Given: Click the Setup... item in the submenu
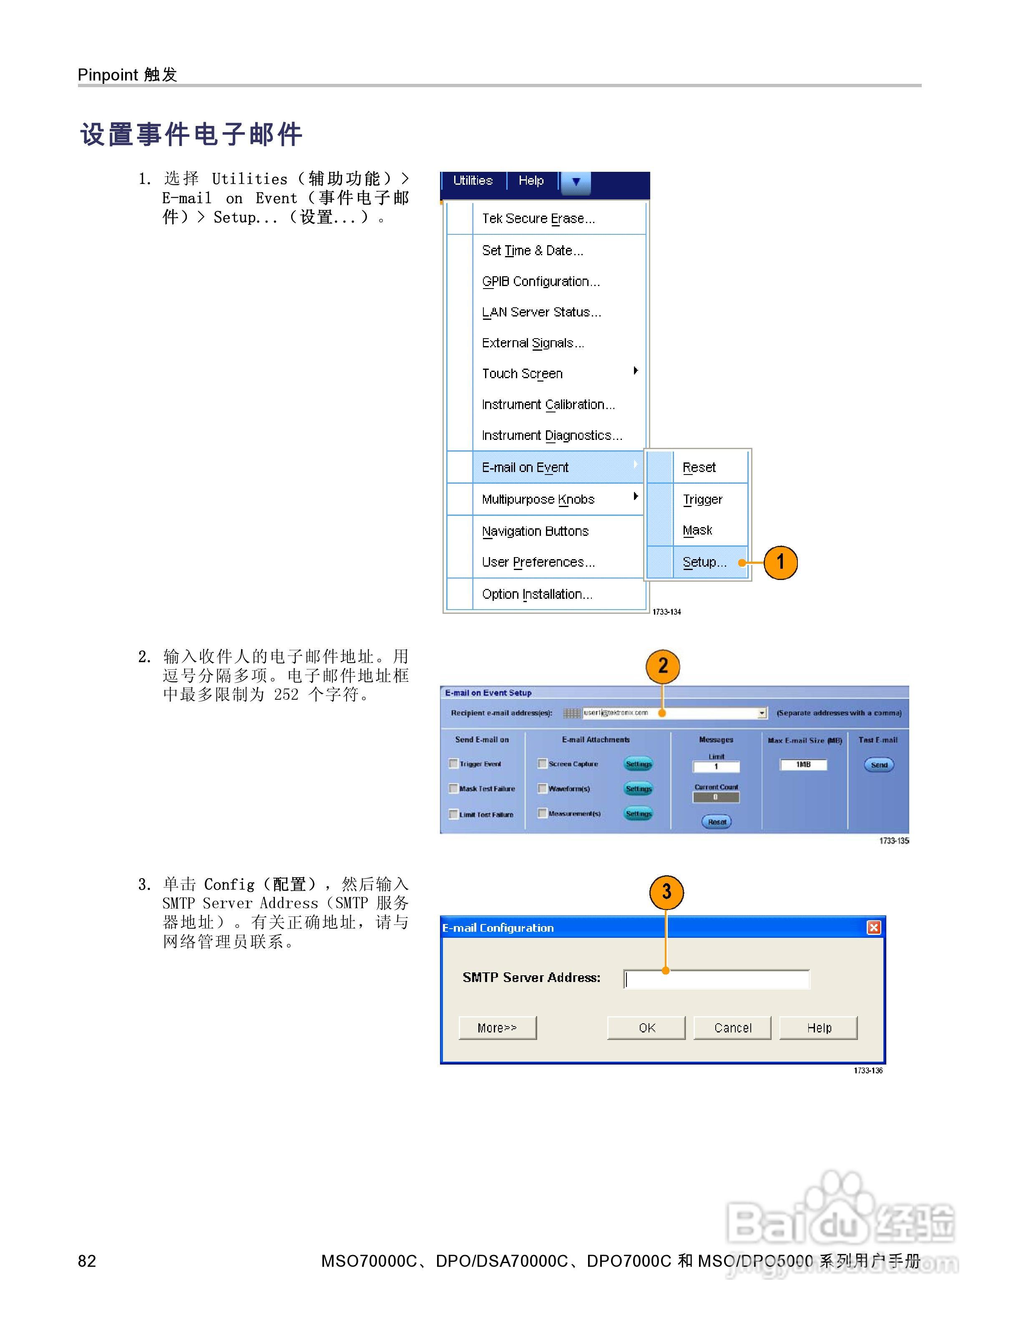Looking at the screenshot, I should [x=704, y=562].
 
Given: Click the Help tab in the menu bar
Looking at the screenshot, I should [x=531, y=180].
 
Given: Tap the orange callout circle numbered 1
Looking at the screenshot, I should [x=780, y=563].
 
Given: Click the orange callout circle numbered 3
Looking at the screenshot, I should [x=666, y=892].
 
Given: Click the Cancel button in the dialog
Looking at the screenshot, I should [x=732, y=1027].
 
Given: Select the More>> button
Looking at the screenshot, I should [x=497, y=1027].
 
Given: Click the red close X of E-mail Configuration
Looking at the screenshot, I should [x=873, y=927].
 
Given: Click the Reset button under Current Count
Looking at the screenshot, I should [x=717, y=821].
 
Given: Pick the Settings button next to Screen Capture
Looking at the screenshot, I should [x=638, y=764].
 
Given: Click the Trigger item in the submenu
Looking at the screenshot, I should [x=702, y=499].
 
